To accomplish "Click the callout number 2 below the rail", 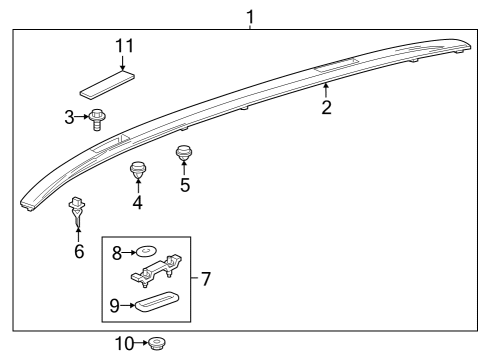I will tap(326, 107).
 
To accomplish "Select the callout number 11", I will tap(124, 46).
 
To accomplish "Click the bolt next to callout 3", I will tap(97, 120).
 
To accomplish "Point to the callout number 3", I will tap(69, 118).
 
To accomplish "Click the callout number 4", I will tap(138, 203).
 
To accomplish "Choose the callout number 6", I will tap(78, 251).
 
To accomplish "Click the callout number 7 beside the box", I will tap(206, 278).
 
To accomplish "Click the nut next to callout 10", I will tap(156, 344).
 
